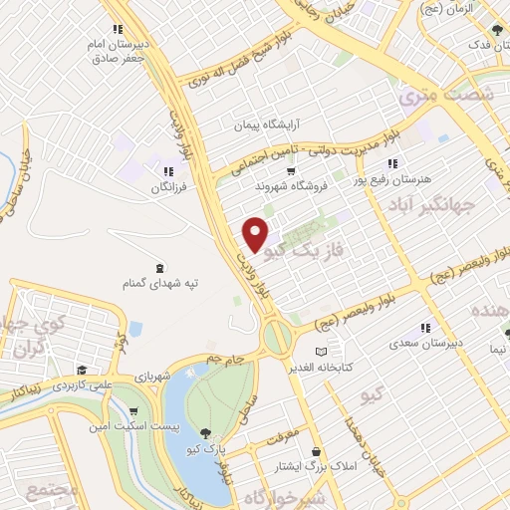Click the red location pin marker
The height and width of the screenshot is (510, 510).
click(256, 234)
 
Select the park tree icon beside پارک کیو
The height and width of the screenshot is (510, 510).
click(206, 432)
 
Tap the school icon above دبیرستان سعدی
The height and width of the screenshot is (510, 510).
click(425, 328)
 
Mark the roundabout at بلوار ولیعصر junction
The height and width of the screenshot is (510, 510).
click(279, 339)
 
